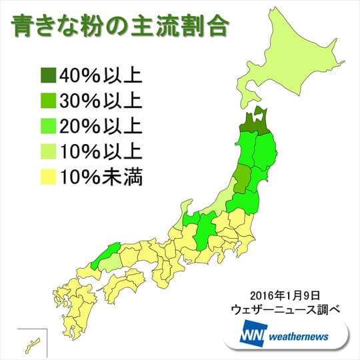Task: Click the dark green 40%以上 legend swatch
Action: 49,73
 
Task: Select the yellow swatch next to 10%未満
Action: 49,177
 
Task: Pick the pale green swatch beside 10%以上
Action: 49,151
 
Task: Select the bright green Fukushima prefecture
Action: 245,201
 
